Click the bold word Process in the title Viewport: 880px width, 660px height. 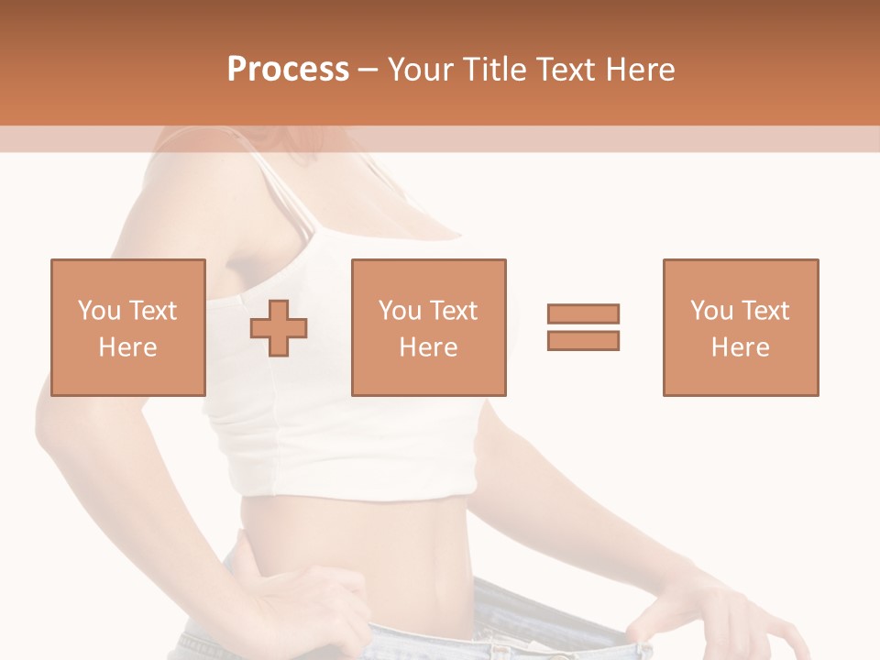[288, 70]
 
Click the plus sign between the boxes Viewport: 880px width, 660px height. [280, 327]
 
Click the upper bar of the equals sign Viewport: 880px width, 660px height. [583, 314]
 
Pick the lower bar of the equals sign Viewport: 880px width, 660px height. [583, 340]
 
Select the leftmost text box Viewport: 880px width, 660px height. [128, 327]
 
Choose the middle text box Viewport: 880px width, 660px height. [428, 327]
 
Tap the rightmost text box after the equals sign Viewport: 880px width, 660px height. [740, 327]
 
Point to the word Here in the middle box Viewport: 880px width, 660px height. [428, 347]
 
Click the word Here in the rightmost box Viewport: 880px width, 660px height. [740, 347]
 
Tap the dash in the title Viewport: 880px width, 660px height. [368, 70]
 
